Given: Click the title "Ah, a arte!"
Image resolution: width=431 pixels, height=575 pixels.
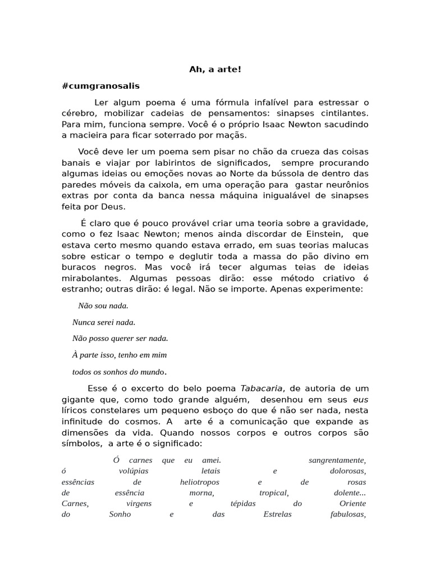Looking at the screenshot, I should pyautogui.click(x=215, y=70).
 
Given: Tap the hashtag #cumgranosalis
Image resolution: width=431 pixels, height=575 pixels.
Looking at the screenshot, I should pyautogui.click(x=100, y=86).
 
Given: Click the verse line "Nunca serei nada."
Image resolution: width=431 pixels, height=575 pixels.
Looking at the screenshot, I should pyautogui.click(x=104, y=322).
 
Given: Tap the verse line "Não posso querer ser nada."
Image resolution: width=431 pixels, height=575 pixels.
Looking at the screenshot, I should pyautogui.click(x=120, y=339).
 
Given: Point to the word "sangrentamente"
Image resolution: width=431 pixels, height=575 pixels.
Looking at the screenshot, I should pyautogui.click(x=337, y=460).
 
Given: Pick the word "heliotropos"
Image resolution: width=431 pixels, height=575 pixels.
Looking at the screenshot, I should pyautogui.click(x=200, y=482).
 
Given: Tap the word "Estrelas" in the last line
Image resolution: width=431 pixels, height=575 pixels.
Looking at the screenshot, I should pyautogui.click(x=277, y=514).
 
